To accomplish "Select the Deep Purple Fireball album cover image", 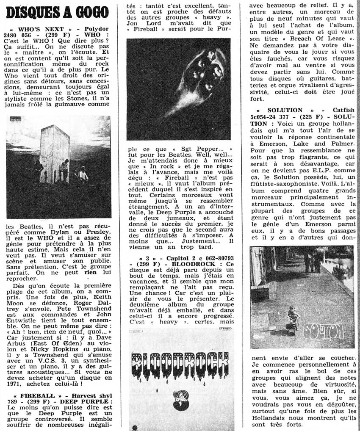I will [x=178, y=89].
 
